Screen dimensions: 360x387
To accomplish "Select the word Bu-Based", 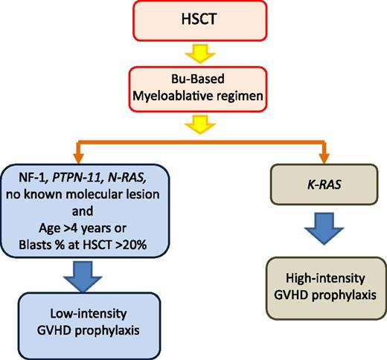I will [x=193, y=79].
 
